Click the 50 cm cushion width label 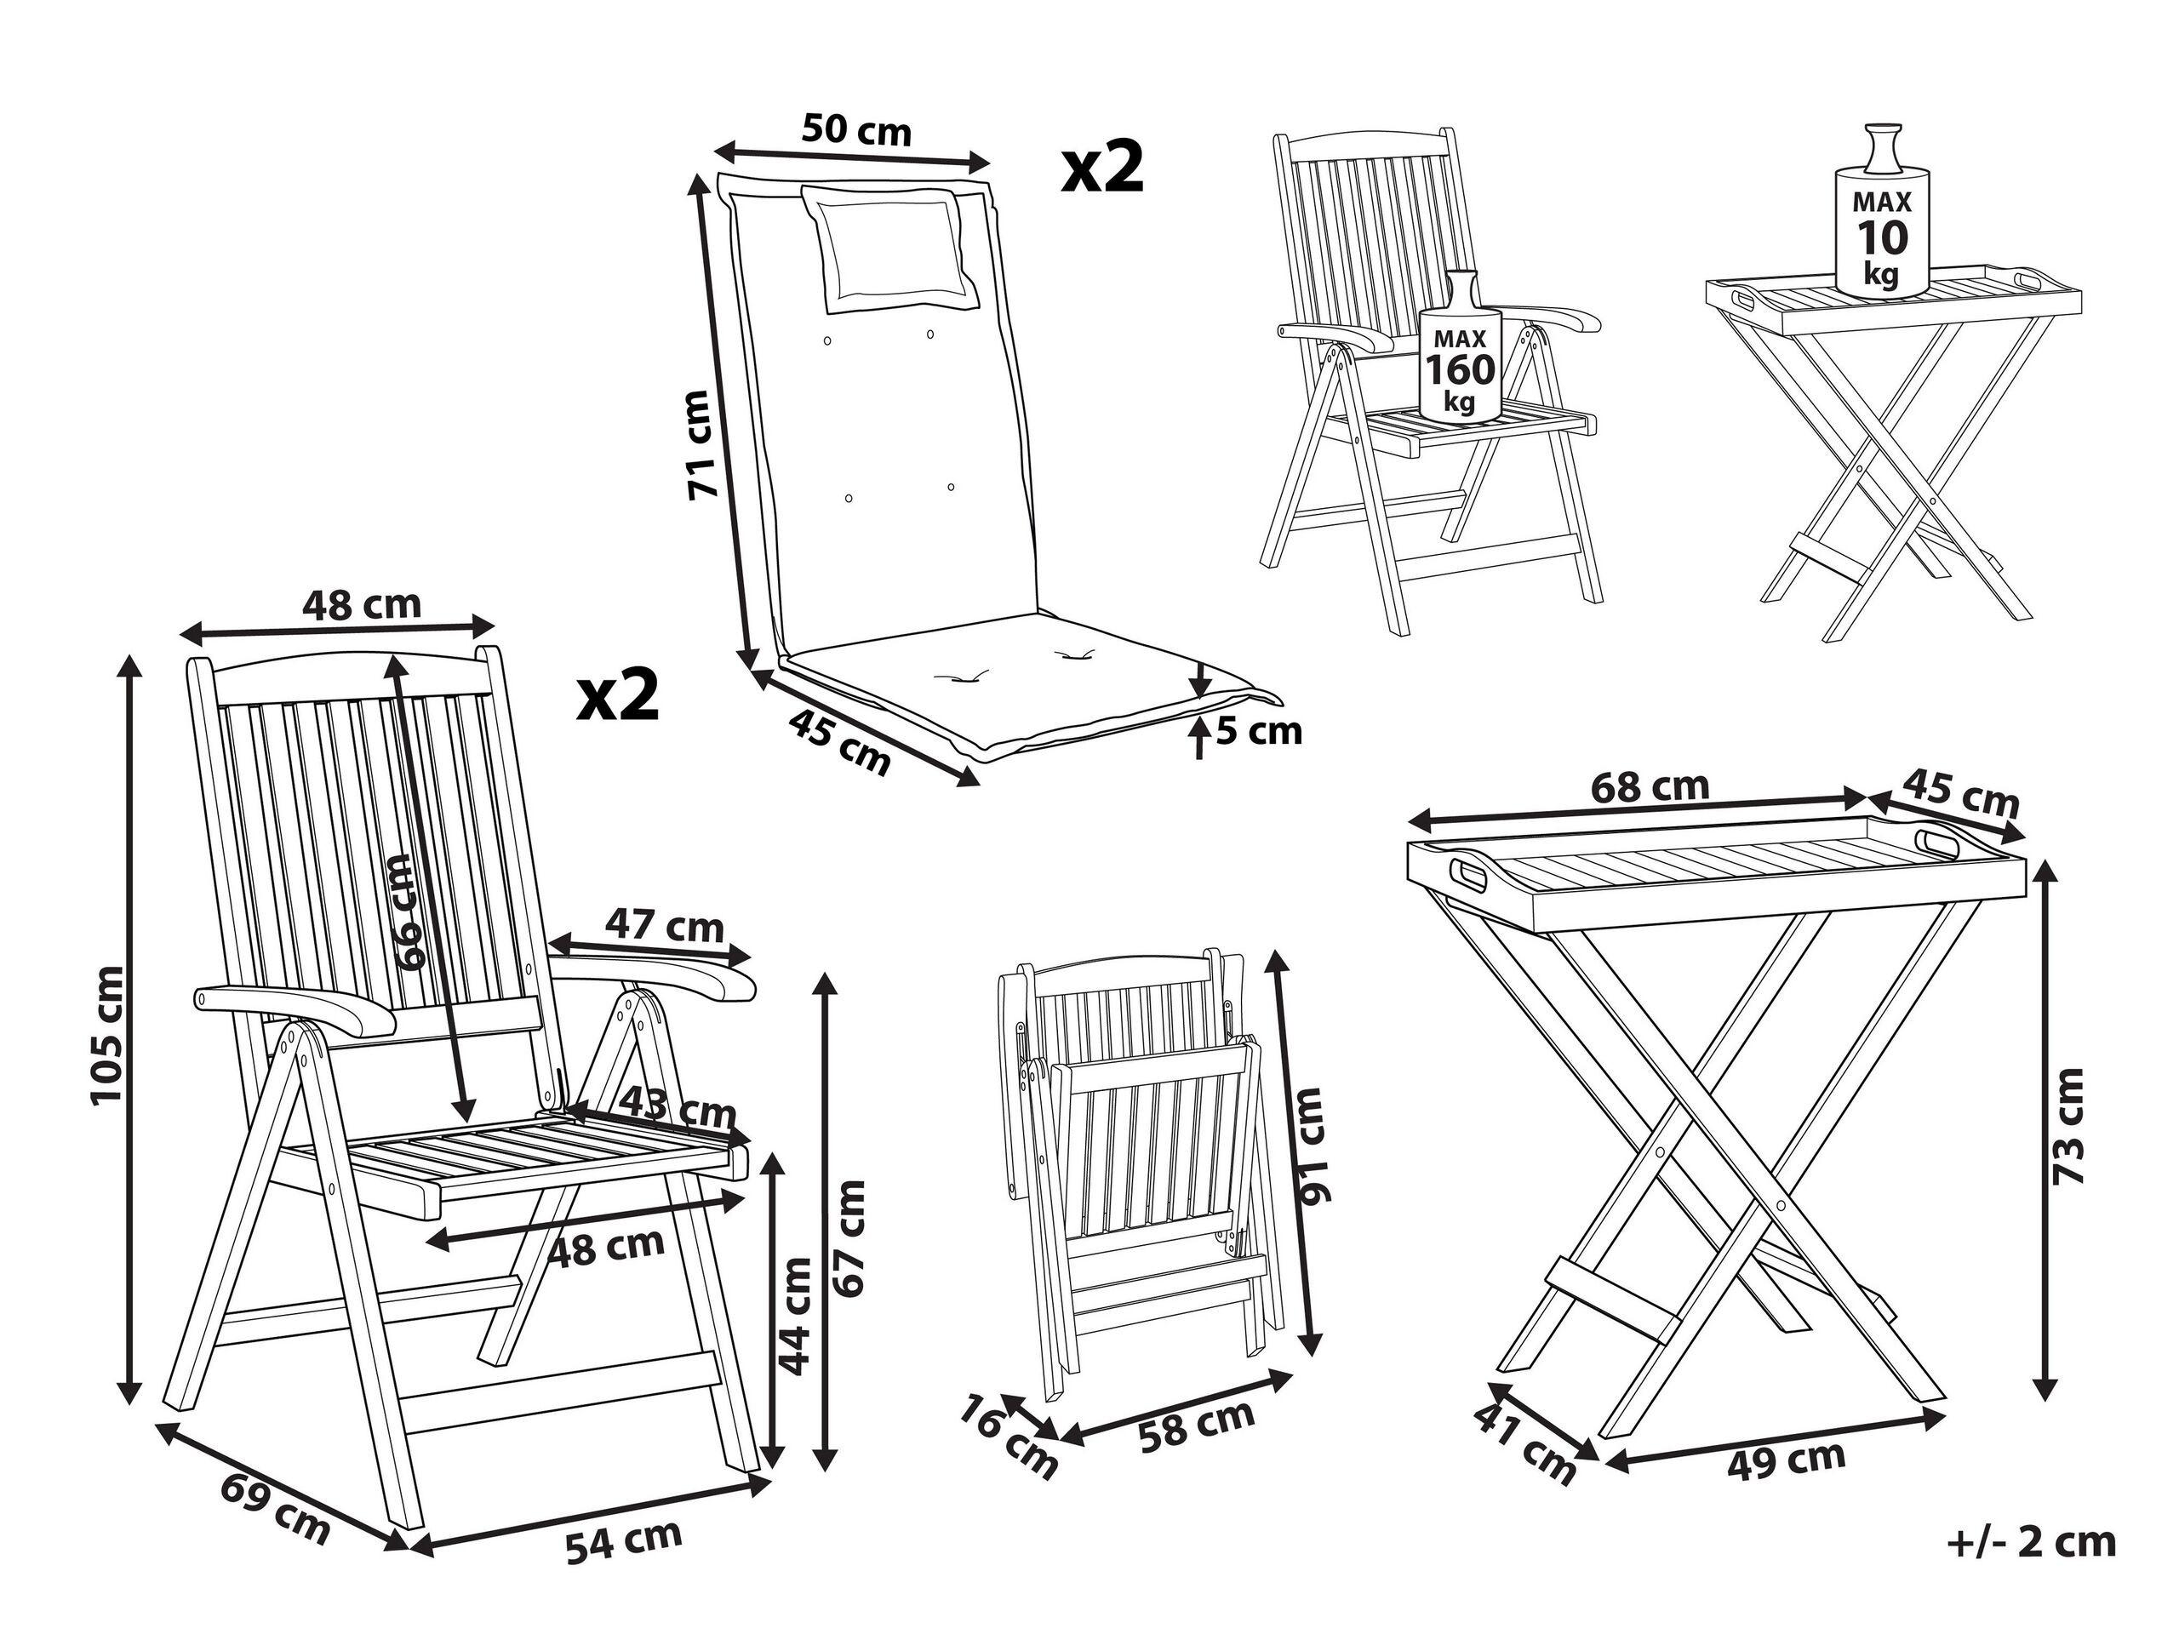click(856, 129)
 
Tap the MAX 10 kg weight click(1881, 237)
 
